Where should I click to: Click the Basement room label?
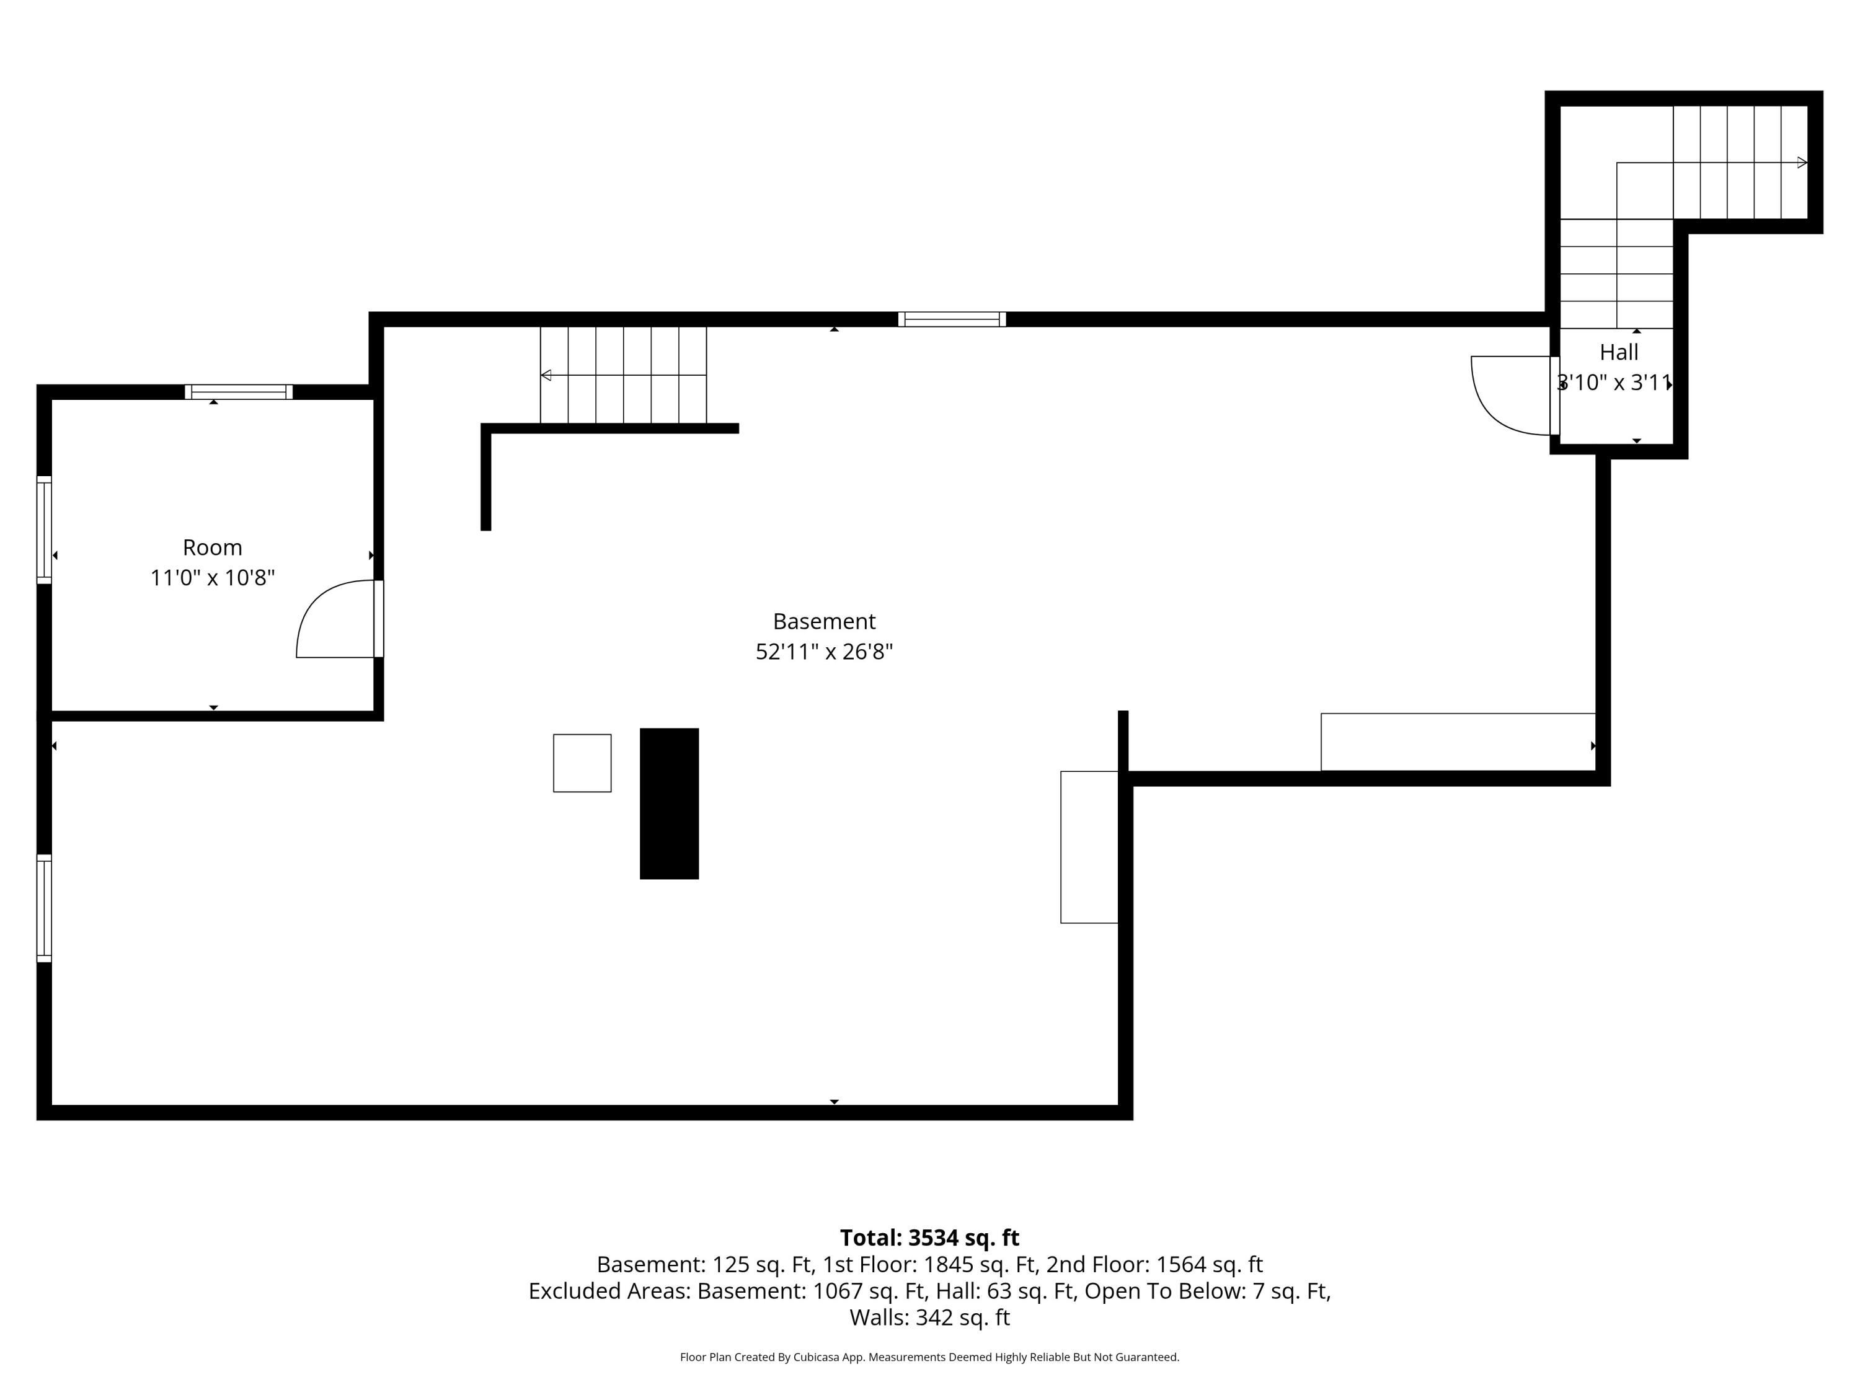pyautogui.click(x=824, y=621)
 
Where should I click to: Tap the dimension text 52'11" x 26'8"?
pyautogui.click(x=824, y=652)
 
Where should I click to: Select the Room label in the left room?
pyautogui.click(x=213, y=547)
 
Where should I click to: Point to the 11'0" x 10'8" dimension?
pyautogui.click(x=213, y=578)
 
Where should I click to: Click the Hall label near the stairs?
pyautogui.click(x=1619, y=352)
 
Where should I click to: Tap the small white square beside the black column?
pyautogui.click(x=582, y=763)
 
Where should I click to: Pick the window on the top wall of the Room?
pyautogui.click(x=239, y=392)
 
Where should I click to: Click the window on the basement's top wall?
pyautogui.click(x=952, y=319)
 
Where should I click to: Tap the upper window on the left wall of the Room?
pyautogui.click(x=44, y=529)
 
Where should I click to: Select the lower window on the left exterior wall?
pyautogui.click(x=44, y=908)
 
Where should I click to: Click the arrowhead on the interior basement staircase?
pyautogui.click(x=546, y=375)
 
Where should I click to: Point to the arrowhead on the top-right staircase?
pyautogui.click(x=1802, y=162)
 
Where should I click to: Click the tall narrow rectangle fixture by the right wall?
pyautogui.click(x=1089, y=847)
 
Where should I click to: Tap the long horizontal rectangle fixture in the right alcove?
pyautogui.click(x=1457, y=742)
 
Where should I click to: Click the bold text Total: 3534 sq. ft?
pyautogui.click(x=929, y=1238)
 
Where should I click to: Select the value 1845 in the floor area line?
pyautogui.click(x=949, y=1265)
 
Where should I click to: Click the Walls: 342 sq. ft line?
pyautogui.click(x=929, y=1317)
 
